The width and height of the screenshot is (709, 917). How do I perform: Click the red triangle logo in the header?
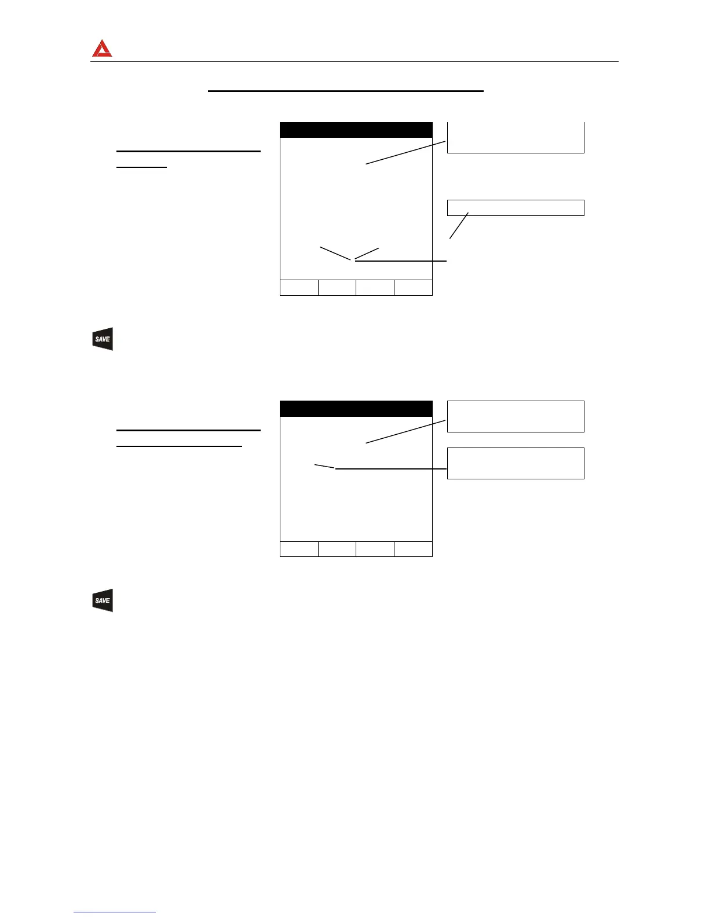102,49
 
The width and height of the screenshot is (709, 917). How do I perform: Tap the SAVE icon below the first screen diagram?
103,339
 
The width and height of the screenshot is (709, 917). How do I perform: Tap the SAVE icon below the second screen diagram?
103,600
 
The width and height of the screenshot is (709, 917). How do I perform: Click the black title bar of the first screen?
356,130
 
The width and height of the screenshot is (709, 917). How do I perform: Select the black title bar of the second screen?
356,409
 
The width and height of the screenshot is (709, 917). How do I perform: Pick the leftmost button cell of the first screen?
299,288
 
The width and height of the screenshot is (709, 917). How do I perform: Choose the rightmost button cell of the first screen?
413,288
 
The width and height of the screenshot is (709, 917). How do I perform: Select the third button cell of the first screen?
375,288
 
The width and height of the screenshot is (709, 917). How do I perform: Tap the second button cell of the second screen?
337,549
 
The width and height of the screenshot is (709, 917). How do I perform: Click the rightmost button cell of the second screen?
413,549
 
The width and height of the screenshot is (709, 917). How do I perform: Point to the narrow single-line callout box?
516,207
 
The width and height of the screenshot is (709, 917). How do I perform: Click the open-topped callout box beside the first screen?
516,138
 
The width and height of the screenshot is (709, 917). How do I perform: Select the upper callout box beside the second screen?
516,416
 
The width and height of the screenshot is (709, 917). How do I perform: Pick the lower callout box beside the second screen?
516,463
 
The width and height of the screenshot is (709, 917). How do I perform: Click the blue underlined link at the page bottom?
115,912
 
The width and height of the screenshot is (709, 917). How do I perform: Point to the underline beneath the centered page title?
345,91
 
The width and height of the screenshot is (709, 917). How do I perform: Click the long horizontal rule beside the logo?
365,61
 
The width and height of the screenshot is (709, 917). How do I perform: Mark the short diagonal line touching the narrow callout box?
459,225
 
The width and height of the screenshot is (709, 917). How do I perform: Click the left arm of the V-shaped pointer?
335,254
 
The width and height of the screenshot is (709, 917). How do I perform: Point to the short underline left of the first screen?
141,167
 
